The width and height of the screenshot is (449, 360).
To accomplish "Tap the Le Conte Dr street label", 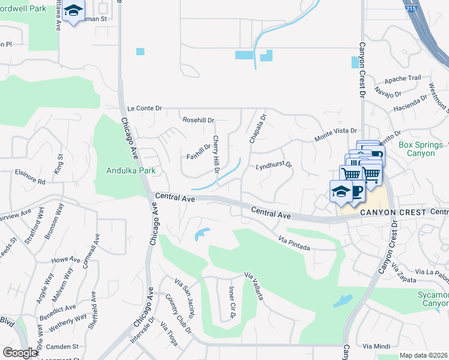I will pyautogui.click(x=145, y=109).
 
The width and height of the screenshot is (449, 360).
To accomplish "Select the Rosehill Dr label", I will pyautogui.click(x=198, y=120).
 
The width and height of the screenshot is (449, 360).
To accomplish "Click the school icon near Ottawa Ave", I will pyautogui.click(x=73, y=11).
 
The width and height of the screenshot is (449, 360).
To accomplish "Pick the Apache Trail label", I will pyautogui.click(x=403, y=79).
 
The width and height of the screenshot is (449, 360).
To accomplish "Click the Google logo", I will pyautogui.click(x=20, y=353).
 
